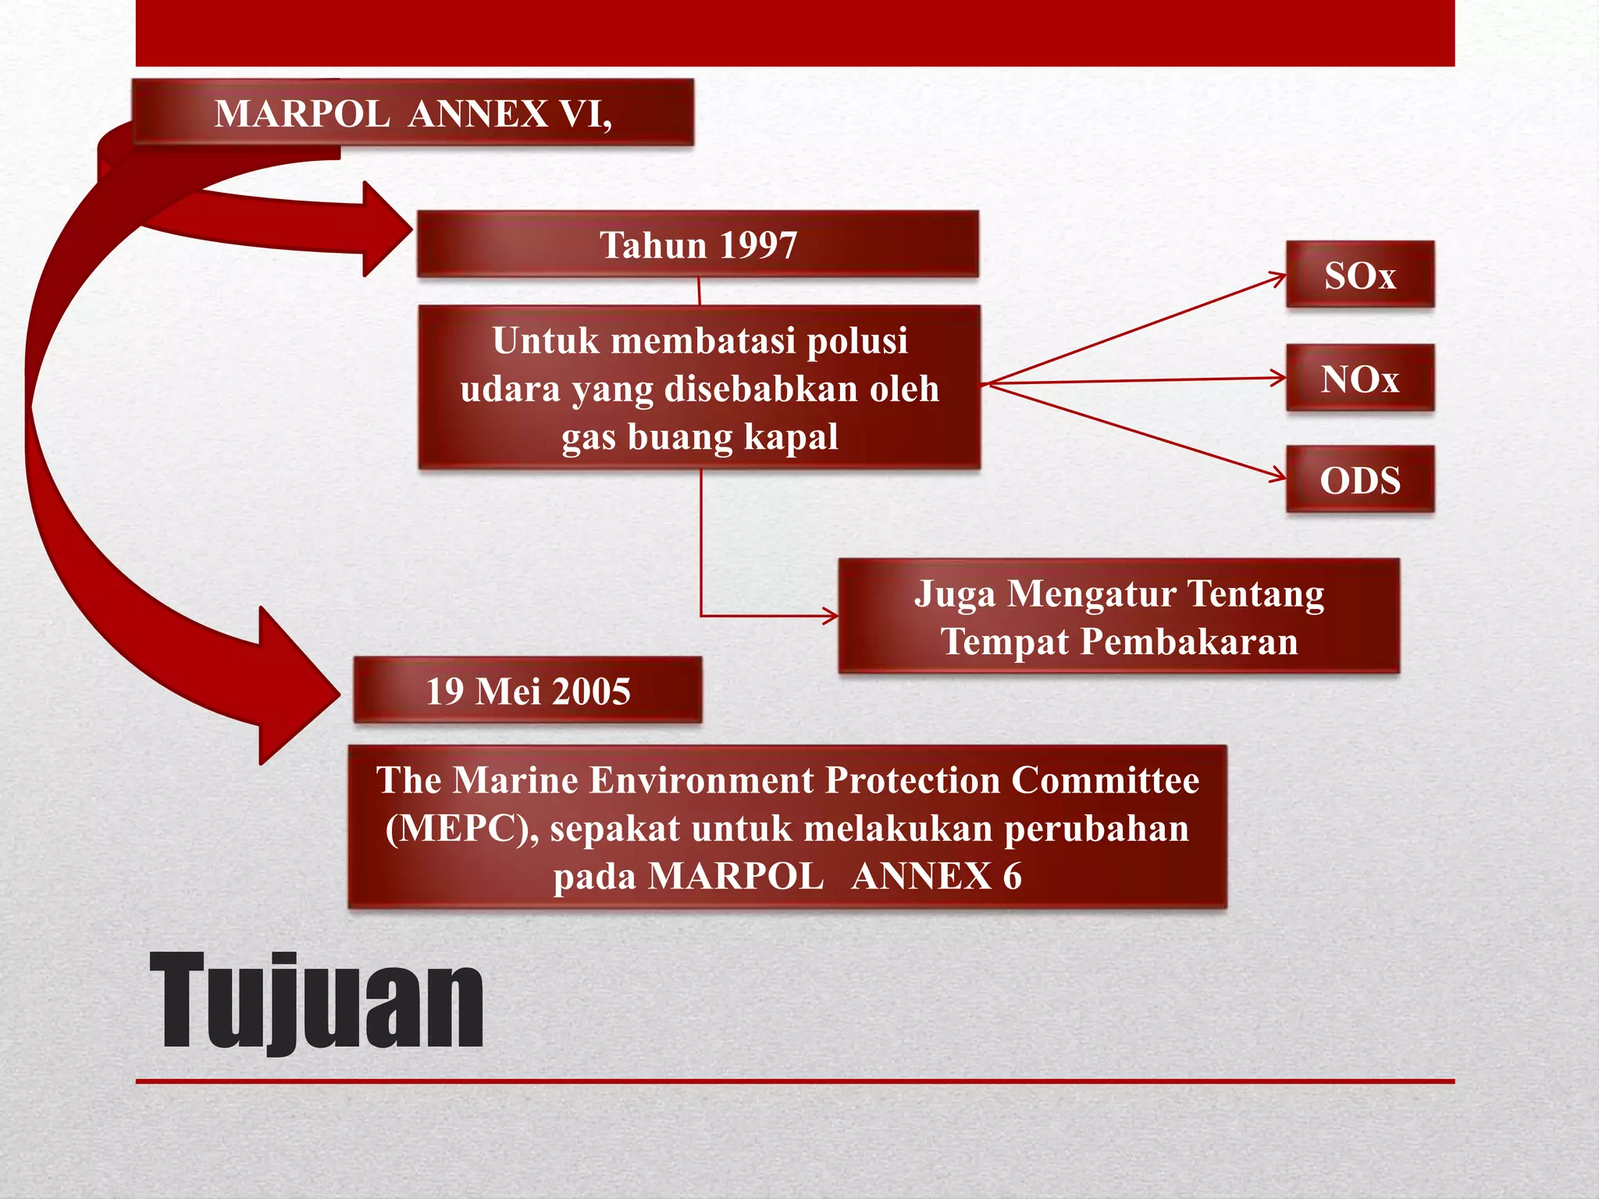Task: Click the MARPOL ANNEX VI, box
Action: [412, 112]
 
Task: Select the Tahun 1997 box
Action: [697, 244]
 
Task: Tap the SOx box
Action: [1359, 275]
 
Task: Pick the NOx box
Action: [1359, 379]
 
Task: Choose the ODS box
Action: [1359, 480]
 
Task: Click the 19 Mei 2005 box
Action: [527, 691]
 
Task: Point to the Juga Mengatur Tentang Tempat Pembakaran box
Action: [1118, 617]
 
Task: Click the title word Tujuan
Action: [316, 1002]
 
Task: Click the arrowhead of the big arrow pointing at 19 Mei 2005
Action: [301, 687]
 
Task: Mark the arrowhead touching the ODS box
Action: [1277, 475]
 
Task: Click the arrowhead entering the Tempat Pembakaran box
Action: [830, 616]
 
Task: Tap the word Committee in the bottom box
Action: [1106, 780]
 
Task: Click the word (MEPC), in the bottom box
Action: [461, 828]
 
